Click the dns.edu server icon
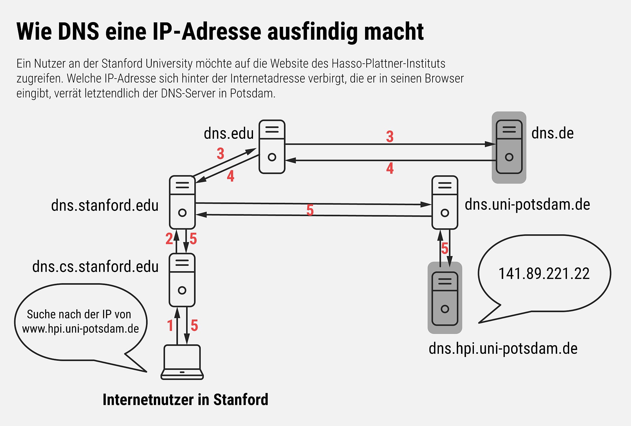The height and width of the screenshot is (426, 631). click(272, 147)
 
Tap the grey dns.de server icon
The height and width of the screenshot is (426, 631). click(509, 147)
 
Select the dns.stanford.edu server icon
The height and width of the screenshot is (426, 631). click(182, 202)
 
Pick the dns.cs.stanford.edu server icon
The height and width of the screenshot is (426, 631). click(182, 280)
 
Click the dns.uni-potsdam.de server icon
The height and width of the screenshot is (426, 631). click(445, 202)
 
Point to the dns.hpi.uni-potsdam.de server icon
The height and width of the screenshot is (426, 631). click(445, 298)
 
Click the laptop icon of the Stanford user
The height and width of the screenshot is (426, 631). click(182, 362)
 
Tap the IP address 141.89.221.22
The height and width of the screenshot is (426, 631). click(544, 274)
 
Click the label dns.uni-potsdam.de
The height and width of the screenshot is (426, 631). click(527, 205)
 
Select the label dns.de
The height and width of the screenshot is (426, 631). click(552, 133)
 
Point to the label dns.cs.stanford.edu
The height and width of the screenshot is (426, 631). click(95, 267)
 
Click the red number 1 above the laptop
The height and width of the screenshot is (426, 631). click(170, 325)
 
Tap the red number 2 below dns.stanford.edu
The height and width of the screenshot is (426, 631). click(169, 239)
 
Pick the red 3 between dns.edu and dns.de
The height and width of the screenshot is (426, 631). click(390, 137)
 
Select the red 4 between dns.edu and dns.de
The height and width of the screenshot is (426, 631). click(390, 168)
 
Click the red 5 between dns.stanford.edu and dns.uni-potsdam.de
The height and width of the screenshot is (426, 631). click(310, 210)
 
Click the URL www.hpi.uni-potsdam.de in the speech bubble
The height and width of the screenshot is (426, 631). click(80, 329)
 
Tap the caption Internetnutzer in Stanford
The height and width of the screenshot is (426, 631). click(185, 400)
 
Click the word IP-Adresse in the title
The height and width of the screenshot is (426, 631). click(207, 32)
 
